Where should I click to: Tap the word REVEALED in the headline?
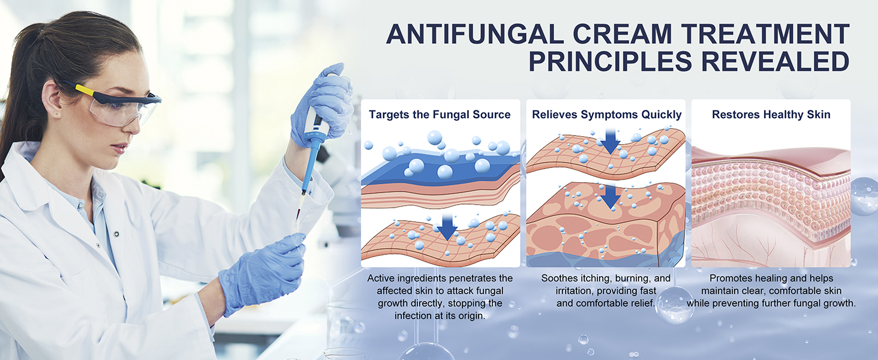pyautogui.click(x=775, y=61)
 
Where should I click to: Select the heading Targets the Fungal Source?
pyautogui.click(x=440, y=115)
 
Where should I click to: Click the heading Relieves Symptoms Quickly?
pyautogui.click(x=606, y=115)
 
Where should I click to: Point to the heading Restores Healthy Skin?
pyautogui.click(x=771, y=115)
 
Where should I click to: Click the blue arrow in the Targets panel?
pyautogui.click(x=447, y=227)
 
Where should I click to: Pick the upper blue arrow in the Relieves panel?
pyautogui.click(x=611, y=142)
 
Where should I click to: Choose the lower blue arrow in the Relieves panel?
pyautogui.click(x=611, y=197)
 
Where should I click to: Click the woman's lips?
pyautogui.click(x=119, y=148)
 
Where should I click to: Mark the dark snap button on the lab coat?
pyautogui.click(x=116, y=234)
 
